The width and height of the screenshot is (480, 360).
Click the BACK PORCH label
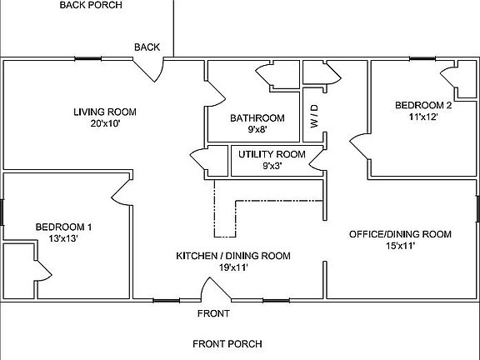click(x=91, y=5)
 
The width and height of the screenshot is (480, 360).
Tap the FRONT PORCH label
click(x=227, y=343)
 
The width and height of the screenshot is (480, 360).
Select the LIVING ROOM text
click(x=104, y=112)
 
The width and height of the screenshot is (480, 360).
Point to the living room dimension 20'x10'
click(x=106, y=123)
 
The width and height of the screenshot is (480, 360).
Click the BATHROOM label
click(x=257, y=118)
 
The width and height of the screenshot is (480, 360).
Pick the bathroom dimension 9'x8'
click(x=257, y=130)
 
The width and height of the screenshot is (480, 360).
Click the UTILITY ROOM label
click(x=272, y=154)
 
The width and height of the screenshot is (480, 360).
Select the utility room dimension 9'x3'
click(x=272, y=166)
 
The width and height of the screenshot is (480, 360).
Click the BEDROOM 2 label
click(x=423, y=105)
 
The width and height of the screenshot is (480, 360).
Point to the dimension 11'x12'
click(x=423, y=117)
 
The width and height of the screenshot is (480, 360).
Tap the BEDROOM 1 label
click(x=63, y=227)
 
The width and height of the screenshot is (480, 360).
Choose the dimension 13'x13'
click(x=63, y=238)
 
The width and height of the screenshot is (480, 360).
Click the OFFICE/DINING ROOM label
click(x=400, y=234)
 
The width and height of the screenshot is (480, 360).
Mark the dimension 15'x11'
click(x=400, y=246)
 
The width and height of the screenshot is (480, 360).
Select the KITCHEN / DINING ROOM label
click(x=232, y=256)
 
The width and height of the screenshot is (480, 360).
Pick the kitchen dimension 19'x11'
click(x=232, y=267)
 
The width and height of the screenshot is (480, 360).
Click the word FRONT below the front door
click(x=212, y=314)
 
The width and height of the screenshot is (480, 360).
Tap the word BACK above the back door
click(x=147, y=47)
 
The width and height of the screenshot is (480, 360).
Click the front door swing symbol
click(x=216, y=291)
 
